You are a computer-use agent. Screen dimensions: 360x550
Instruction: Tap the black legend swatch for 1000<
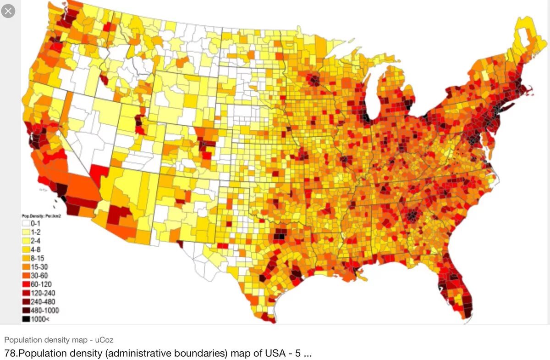pyautogui.click(x=27, y=319)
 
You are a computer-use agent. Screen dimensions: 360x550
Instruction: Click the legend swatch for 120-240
pyautogui.click(x=27, y=293)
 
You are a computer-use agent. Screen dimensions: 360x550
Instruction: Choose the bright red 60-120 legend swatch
pyautogui.click(x=27, y=284)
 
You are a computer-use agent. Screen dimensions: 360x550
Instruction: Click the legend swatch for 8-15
pyautogui.click(x=27, y=258)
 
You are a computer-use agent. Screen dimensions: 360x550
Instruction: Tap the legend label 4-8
pyautogui.click(x=37, y=249)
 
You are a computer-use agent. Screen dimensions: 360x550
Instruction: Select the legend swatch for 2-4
pyautogui.click(x=27, y=240)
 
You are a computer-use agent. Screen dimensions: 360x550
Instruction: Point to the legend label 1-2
pyautogui.click(x=37, y=232)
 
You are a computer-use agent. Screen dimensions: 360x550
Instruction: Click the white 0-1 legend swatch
pyautogui.click(x=27, y=223)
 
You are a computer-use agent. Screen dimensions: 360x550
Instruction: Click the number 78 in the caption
pyautogui.click(x=10, y=354)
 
